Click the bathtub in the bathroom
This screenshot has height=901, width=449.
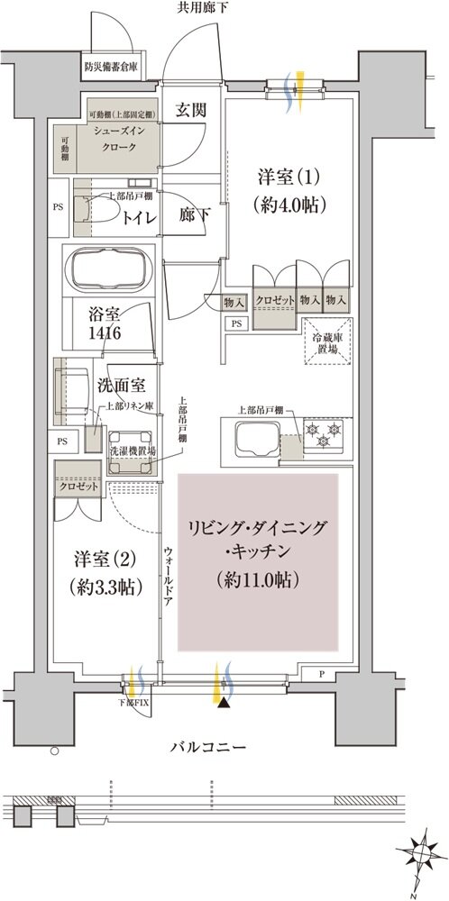click(113, 268)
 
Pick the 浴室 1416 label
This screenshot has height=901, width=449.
click(105, 325)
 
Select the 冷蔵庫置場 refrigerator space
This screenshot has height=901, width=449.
click(326, 343)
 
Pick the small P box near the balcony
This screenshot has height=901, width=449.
click(322, 674)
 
